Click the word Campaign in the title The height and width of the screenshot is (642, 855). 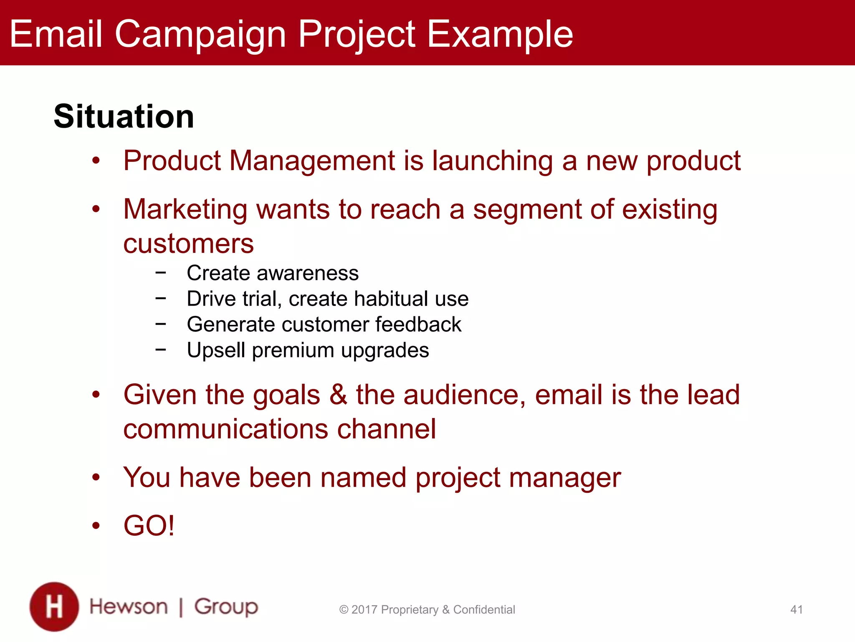tap(200, 34)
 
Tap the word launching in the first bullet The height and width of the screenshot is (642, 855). tap(492, 161)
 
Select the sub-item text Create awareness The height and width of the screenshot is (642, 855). tap(273, 273)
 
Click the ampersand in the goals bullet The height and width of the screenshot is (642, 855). tap(338, 395)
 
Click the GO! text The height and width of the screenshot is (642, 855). tap(149, 525)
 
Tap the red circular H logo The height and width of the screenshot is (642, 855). tap(54, 606)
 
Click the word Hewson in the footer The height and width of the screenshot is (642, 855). tap(129, 607)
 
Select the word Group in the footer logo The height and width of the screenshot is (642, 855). tap(226, 607)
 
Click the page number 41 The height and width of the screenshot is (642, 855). tap(796, 609)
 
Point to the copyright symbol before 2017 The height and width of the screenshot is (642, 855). tap(344, 610)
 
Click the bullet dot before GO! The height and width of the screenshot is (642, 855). tap(96, 525)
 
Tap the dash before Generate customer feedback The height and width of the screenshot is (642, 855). tap(160, 324)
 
